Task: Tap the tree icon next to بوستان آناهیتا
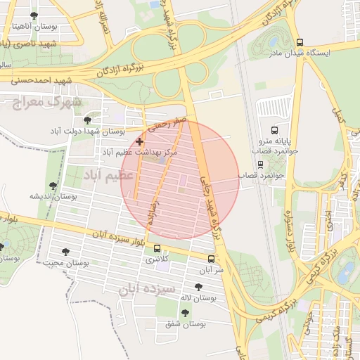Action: [x=34, y=15]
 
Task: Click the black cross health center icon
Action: [x=139, y=141]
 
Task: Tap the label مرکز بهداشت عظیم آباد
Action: [x=141, y=152]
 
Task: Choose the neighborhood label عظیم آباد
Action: [x=109, y=175]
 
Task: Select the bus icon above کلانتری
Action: [x=156, y=249]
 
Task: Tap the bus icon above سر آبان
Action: [x=211, y=259]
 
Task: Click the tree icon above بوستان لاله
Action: [x=197, y=286]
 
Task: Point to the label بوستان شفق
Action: [x=188, y=324]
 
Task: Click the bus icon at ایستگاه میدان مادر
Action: [x=300, y=42]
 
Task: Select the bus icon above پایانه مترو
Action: [x=274, y=130]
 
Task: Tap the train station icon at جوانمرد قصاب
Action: [x=260, y=165]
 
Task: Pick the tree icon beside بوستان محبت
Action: [x=66, y=252]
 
